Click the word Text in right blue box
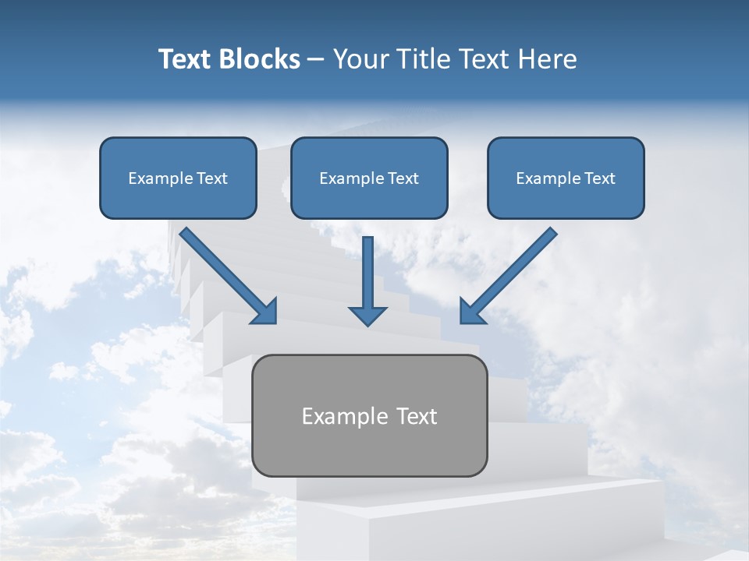coord(599,178)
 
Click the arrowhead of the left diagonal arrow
coord(265,311)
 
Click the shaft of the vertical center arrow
coord(367,269)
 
